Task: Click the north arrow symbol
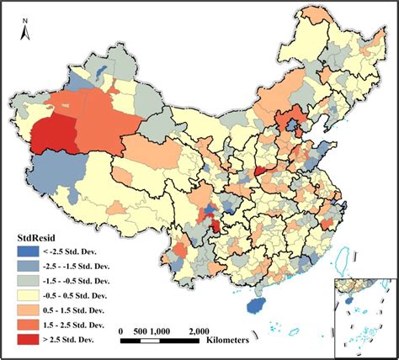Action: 26,33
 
